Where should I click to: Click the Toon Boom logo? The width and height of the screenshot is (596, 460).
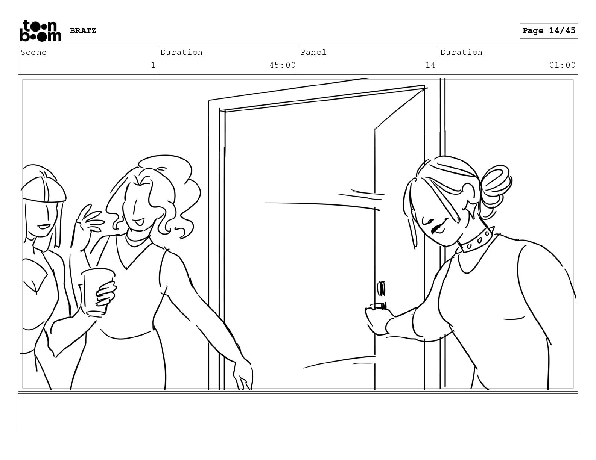point(41,31)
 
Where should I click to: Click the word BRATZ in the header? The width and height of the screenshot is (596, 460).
point(83,30)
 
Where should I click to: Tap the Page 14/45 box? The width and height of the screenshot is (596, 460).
point(549,31)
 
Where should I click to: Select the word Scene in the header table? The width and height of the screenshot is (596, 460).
point(33,52)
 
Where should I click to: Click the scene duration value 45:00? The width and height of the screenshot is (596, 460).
point(282,65)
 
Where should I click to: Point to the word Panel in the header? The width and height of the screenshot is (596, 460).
point(313,52)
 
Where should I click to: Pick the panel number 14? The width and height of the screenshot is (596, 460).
point(430,65)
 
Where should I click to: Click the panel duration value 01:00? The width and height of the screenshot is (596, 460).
point(562,65)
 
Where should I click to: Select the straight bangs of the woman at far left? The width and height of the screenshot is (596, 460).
point(44,189)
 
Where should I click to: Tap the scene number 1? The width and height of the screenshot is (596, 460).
point(153,65)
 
